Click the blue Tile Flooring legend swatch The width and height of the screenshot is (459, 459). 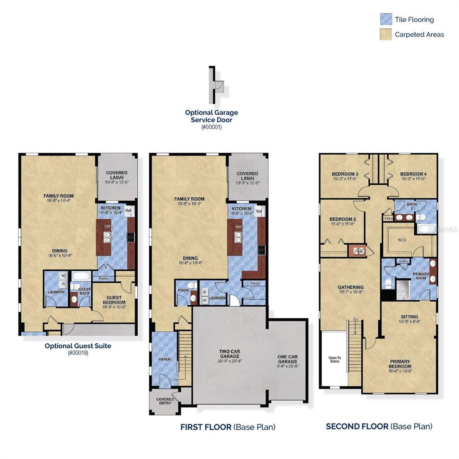(386, 19)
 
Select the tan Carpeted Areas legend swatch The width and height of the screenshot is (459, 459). (386, 34)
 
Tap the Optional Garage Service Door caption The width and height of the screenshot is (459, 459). (212, 116)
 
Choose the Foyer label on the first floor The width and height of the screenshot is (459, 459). (165, 359)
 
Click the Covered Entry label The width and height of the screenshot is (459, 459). (165, 401)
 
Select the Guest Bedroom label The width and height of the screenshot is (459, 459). (114, 299)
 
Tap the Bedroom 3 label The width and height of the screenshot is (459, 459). (345, 174)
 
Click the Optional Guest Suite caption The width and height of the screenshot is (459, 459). (78, 346)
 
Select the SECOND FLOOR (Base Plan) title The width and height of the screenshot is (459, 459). (379, 426)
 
